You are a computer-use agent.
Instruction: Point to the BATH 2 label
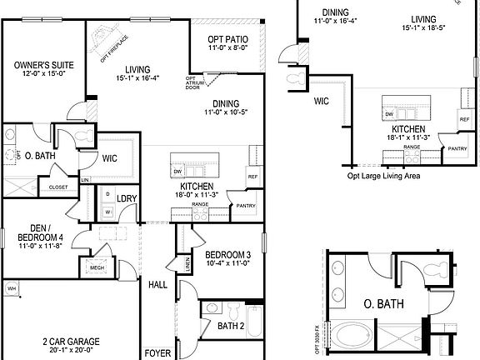coord(230,326)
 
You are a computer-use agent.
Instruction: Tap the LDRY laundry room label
coord(127,197)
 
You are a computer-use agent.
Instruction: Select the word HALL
coord(158,284)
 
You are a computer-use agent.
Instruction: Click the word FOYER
coord(157,353)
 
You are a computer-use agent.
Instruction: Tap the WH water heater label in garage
coord(11,288)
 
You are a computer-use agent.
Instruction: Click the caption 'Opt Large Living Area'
coord(384,176)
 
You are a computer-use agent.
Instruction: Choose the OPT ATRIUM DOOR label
coord(192,84)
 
